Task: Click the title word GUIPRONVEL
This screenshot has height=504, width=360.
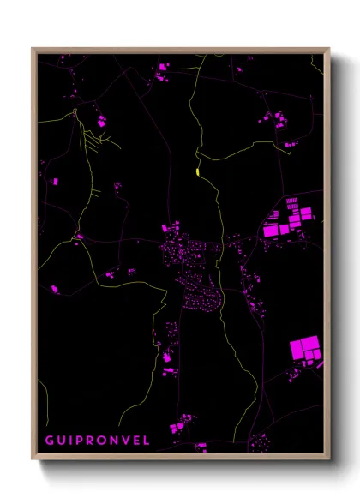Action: coord(97,441)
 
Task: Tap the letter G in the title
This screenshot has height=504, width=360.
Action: coord(50,441)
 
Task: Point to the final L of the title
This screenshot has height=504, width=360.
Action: coord(146,441)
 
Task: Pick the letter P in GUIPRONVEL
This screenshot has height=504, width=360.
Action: coord(80,441)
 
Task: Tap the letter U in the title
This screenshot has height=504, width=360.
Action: coord(61,441)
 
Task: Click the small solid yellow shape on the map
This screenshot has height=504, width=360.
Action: coord(198,171)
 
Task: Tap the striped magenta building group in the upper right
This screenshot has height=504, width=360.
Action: coord(287,218)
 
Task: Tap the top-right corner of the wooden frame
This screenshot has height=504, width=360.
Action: coord(328,49)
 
